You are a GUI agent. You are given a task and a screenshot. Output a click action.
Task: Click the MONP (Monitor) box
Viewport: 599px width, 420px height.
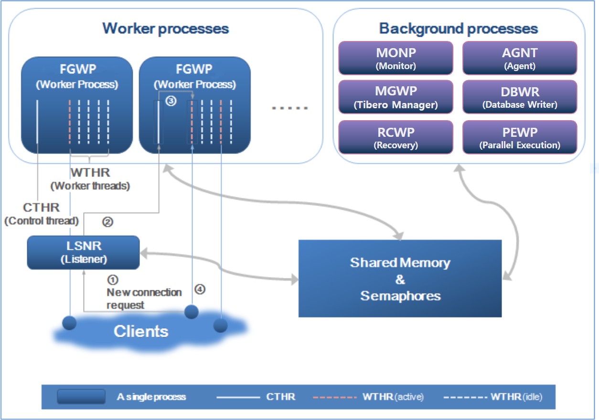click(x=396, y=58)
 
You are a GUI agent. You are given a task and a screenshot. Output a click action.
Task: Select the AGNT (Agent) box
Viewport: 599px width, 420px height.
click(x=520, y=58)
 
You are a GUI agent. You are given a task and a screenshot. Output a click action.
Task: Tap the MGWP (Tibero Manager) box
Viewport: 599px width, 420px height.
click(x=396, y=97)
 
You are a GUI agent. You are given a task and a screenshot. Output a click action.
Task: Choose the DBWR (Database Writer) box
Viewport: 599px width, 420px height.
click(x=520, y=97)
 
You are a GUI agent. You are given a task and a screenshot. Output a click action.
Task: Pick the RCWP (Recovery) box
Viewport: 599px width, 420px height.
click(x=396, y=137)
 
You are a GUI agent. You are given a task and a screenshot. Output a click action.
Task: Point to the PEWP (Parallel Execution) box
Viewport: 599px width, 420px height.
click(x=520, y=137)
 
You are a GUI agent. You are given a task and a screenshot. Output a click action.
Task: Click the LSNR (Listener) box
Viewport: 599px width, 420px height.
click(x=84, y=253)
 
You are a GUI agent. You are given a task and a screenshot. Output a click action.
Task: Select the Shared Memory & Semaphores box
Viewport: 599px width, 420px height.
click(x=400, y=279)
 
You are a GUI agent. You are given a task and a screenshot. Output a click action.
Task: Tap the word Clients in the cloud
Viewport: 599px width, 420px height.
click(x=141, y=331)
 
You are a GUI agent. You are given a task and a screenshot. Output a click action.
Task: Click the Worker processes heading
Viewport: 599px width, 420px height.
click(x=165, y=28)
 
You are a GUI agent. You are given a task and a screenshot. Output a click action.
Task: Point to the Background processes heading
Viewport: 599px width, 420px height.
click(x=459, y=28)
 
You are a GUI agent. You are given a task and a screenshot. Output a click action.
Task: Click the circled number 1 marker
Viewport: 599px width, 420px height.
click(x=113, y=280)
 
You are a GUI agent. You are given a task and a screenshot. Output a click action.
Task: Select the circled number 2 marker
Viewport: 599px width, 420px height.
click(x=108, y=222)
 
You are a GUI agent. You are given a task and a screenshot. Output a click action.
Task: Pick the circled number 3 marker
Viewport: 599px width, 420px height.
click(x=171, y=101)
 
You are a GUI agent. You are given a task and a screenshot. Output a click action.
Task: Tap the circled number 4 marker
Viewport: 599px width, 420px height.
click(x=200, y=289)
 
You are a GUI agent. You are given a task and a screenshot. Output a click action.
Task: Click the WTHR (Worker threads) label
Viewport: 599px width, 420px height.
click(x=90, y=179)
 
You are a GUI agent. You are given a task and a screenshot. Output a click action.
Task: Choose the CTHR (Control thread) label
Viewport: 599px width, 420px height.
click(x=41, y=214)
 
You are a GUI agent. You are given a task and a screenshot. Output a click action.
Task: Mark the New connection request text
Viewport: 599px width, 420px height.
click(x=144, y=298)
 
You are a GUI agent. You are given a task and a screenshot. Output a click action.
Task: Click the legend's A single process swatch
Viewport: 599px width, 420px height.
click(x=81, y=397)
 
